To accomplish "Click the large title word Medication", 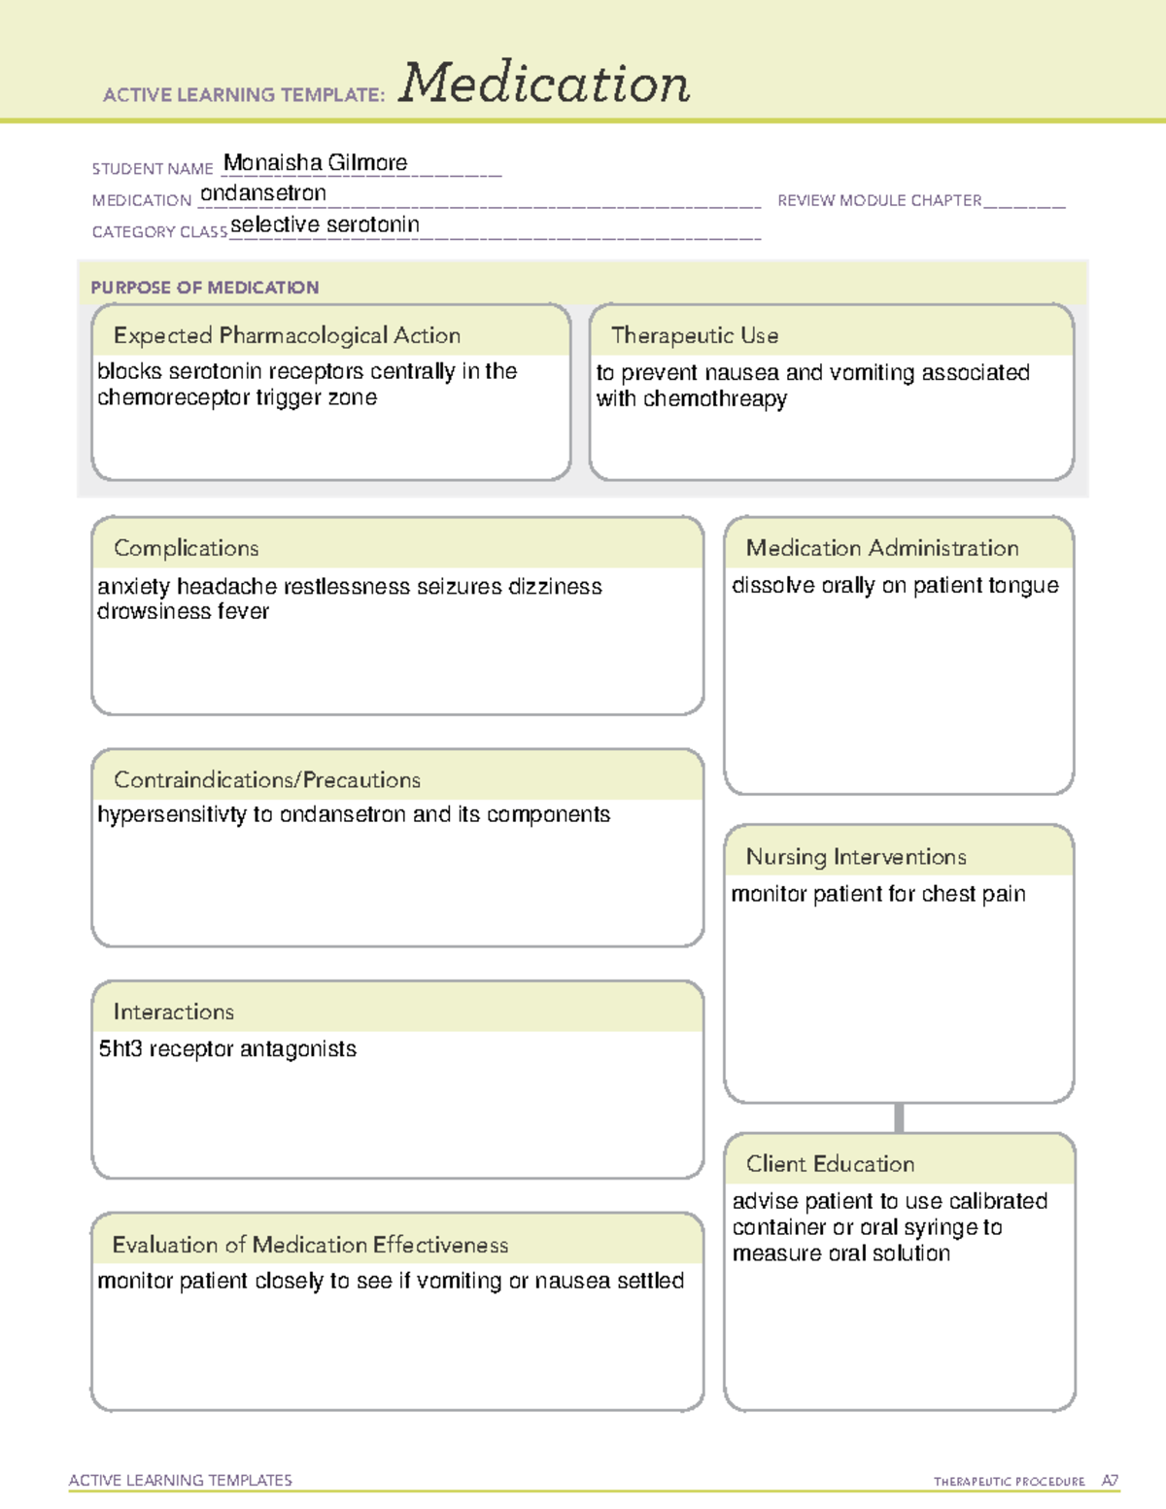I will [x=544, y=84].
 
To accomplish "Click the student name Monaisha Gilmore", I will [x=315, y=162].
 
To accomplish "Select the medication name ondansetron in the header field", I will [x=262, y=193].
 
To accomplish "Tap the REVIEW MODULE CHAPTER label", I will [x=879, y=200].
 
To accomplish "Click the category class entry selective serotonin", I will [x=325, y=224].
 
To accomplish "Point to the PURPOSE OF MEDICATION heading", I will [x=204, y=288].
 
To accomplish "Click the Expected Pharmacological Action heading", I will [x=287, y=335].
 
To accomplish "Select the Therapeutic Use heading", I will [x=694, y=335].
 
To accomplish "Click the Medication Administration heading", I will [x=881, y=548].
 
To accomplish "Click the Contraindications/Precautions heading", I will [x=267, y=779].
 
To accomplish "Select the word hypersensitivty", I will [x=172, y=815].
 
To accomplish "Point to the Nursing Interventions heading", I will [x=856, y=857].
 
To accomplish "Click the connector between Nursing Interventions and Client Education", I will [x=899, y=1117].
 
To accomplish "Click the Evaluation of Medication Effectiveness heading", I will [x=310, y=1245].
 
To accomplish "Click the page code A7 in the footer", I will [x=1109, y=1481].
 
